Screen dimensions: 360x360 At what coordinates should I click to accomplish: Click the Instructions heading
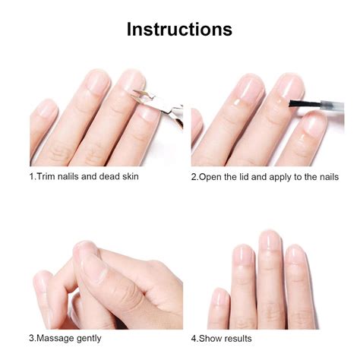(179, 30)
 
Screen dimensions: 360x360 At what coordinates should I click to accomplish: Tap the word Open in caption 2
(212, 177)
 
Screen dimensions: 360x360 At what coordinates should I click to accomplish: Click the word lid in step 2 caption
(251, 177)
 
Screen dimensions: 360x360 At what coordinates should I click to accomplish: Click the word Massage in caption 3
(59, 338)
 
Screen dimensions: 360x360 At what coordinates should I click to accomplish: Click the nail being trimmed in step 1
(149, 114)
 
